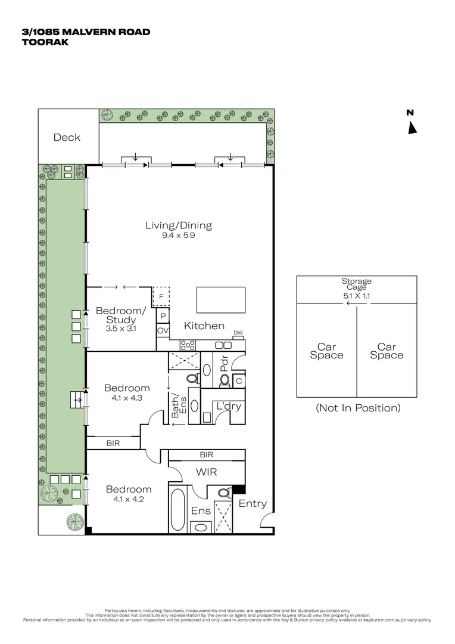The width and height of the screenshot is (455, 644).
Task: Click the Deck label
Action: tap(67, 137)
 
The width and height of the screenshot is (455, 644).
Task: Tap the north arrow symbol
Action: tap(412, 127)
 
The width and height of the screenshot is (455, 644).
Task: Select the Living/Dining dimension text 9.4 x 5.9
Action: tap(179, 235)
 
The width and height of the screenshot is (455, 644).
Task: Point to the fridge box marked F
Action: tap(161, 296)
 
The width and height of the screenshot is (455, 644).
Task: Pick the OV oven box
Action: tap(163, 330)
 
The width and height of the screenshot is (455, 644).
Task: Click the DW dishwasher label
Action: tap(238, 333)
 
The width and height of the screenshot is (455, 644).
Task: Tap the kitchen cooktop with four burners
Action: tap(187, 344)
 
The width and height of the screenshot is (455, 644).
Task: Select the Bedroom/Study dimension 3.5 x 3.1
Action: tap(120, 329)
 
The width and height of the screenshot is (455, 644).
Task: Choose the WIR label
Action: tap(207, 472)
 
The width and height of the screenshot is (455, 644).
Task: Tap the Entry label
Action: tap(253, 504)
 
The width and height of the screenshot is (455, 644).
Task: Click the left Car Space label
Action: tap(326, 351)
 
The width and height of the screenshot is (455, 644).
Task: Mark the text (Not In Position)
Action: tap(358, 408)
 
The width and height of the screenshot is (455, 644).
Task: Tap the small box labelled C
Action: tap(238, 380)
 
